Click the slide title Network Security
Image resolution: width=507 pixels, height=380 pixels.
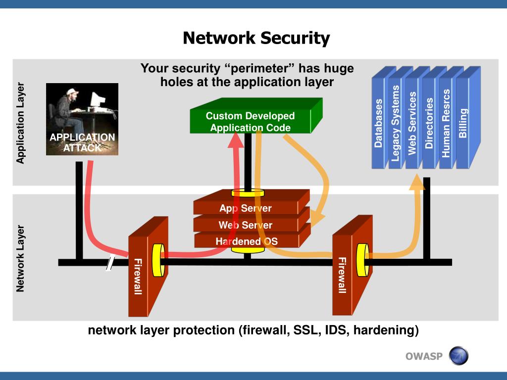click(x=256, y=38)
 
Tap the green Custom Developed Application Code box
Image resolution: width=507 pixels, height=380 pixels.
click(x=255, y=116)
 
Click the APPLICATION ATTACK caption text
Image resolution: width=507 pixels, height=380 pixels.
click(x=82, y=142)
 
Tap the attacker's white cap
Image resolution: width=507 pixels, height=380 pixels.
click(x=72, y=92)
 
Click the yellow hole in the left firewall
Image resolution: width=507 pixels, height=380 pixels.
click(x=158, y=260)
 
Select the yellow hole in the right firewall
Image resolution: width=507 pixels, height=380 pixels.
click(x=362, y=260)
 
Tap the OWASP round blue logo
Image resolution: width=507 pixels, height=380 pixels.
click(x=458, y=356)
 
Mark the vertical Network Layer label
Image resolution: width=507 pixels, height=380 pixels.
click(x=20, y=258)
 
